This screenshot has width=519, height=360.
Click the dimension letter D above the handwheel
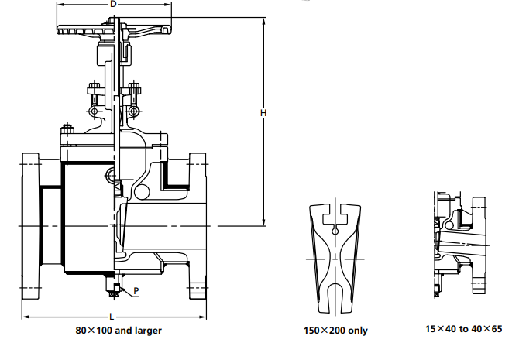click(114, 5)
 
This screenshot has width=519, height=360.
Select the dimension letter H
click(263, 114)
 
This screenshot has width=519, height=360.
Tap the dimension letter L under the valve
click(112, 317)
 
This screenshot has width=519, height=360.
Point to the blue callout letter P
click(136, 291)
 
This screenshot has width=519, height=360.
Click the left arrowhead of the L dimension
click(23, 317)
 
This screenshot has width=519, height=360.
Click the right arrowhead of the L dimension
click(205, 317)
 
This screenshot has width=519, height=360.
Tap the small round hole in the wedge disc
click(335, 230)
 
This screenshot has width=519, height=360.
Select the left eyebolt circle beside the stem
click(95, 113)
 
